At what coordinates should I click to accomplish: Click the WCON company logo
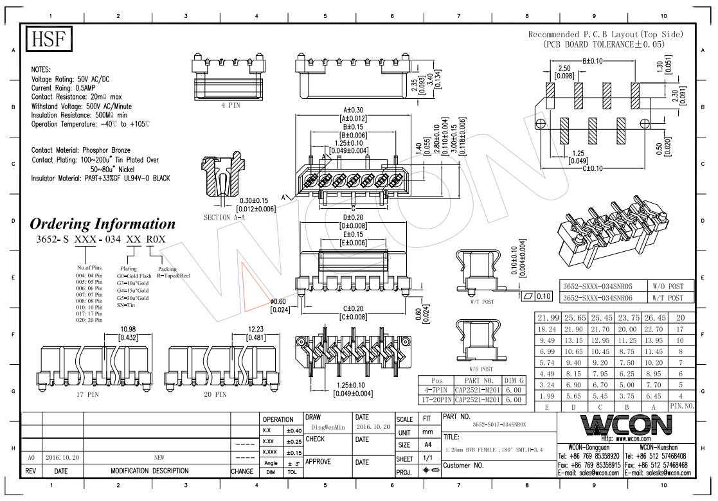click(626, 425)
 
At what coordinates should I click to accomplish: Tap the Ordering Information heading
click(102, 224)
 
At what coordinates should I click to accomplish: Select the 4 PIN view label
click(230, 105)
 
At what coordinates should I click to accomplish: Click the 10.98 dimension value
click(129, 330)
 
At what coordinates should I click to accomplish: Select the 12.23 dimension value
click(256, 330)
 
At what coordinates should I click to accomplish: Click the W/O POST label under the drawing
click(481, 369)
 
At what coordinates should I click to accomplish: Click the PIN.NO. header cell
click(681, 407)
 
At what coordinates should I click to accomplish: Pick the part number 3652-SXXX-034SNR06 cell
click(597, 298)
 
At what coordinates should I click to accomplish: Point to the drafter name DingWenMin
click(328, 426)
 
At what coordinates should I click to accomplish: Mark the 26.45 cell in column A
click(653, 318)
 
